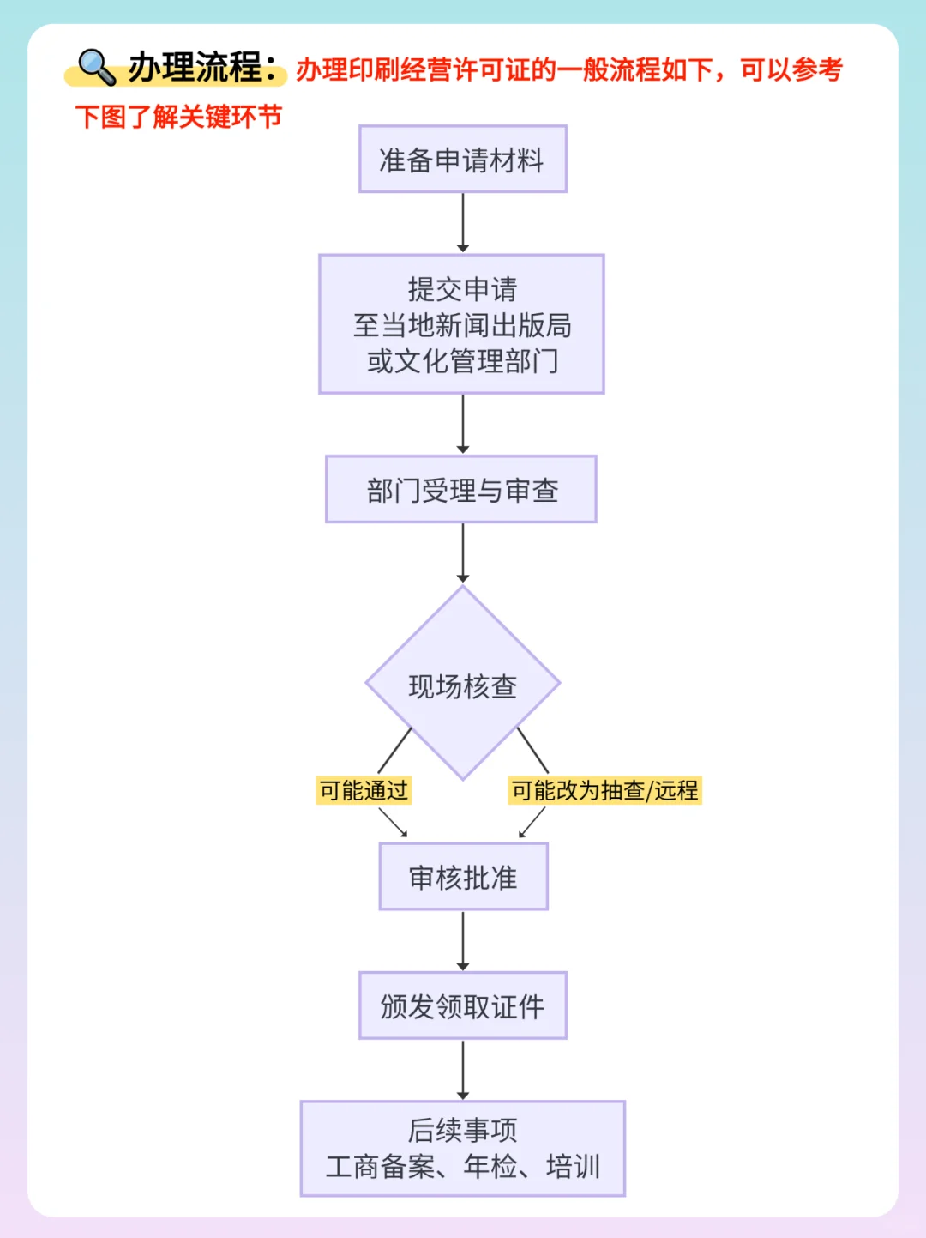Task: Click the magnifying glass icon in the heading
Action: coord(96,67)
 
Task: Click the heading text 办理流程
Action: coord(195,67)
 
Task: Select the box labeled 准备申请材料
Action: coord(463,160)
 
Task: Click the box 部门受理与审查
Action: coord(461,490)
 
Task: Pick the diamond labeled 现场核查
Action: coord(463,685)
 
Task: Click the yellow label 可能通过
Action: coord(364,790)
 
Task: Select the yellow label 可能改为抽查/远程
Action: coord(604,790)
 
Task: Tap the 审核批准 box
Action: coord(463,877)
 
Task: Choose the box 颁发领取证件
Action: coord(463,1005)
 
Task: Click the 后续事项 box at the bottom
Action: coord(463,1148)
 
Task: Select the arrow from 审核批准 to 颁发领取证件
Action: coord(463,940)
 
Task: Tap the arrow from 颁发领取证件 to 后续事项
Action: coord(463,1070)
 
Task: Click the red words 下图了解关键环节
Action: coord(178,117)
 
